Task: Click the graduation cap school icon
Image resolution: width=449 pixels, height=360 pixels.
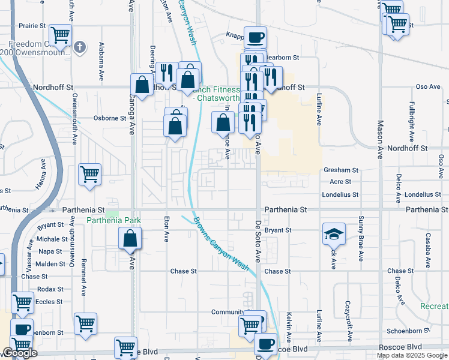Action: click(x=334, y=233)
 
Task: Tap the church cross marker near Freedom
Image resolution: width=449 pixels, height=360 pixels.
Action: click(x=83, y=46)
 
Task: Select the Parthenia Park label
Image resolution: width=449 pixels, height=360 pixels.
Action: click(x=113, y=221)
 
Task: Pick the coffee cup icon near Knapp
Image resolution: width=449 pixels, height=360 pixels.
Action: click(x=255, y=38)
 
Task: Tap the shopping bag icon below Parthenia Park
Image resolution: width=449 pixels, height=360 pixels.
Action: click(x=130, y=239)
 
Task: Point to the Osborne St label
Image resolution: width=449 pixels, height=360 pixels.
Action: click(x=110, y=118)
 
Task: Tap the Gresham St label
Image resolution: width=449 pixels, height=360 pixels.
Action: click(x=340, y=170)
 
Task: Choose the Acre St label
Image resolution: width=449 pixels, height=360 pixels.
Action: click(x=340, y=181)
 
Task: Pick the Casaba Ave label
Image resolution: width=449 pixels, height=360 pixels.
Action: click(x=428, y=250)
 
